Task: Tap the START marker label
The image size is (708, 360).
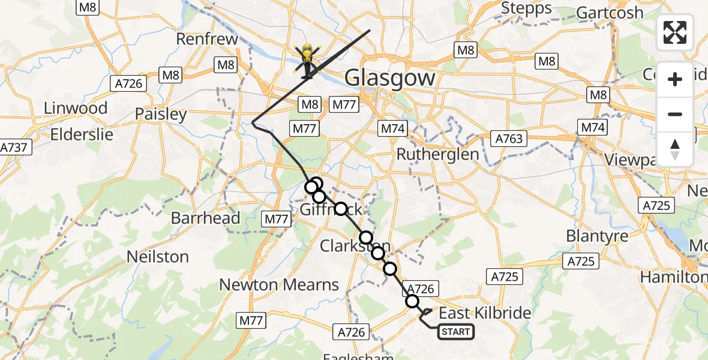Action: tap(456, 332)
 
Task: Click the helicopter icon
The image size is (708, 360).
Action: tap(308, 61)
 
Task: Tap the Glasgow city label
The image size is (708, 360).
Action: tap(389, 79)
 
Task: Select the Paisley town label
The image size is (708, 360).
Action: tap(160, 114)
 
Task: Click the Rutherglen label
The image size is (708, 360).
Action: tap(438, 154)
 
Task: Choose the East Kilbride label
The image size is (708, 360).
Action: tap(485, 313)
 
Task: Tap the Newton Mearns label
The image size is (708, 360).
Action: tap(279, 284)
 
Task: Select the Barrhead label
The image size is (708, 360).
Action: tap(206, 218)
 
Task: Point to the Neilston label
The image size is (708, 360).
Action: tap(158, 257)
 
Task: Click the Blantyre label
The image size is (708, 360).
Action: tap(597, 236)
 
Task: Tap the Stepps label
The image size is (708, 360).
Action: tap(526, 8)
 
